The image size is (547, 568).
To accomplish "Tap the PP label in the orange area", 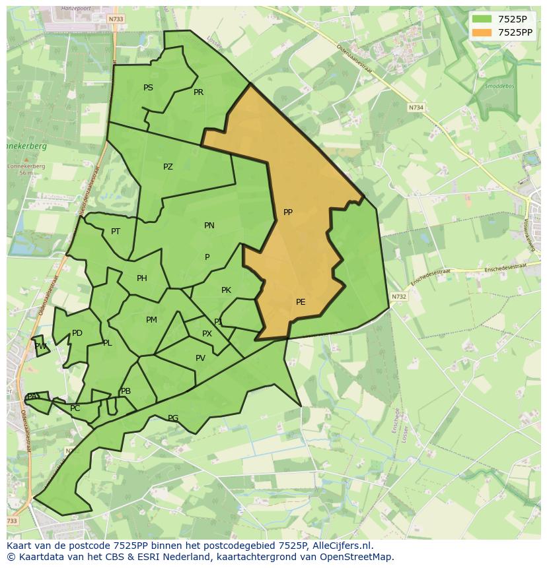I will point(288,212).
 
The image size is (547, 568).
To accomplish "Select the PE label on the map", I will point(301,302).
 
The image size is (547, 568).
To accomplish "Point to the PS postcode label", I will point(148,88).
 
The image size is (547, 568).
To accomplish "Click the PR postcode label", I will point(198,92).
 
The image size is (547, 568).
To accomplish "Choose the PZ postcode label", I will point(168,167).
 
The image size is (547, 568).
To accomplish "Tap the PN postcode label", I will point(209,226).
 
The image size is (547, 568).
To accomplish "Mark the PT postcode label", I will point(116,232).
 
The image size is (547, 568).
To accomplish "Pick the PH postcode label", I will point(142,278).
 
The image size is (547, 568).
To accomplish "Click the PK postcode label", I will point(226,290).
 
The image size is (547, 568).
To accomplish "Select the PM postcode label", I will point(151,320).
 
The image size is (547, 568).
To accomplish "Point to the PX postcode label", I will point(207,334).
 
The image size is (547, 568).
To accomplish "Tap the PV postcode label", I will point(200,358).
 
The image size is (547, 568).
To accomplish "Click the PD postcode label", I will point(77,333).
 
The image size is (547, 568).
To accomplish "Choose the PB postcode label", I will point(126,391).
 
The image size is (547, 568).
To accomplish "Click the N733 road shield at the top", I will point(116,20).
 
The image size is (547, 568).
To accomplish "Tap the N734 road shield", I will point(416,107).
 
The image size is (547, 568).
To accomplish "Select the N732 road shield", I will point(398,297).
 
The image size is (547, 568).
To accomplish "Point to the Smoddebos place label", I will point(499,86).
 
